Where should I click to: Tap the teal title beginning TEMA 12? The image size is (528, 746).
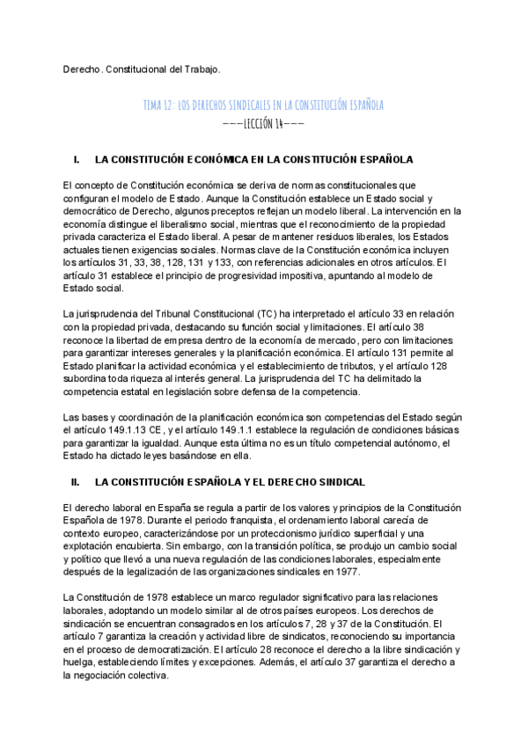coord(263,106)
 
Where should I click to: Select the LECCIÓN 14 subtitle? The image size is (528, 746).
coord(263,124)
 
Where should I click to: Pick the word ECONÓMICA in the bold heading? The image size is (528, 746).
coord(220,160)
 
